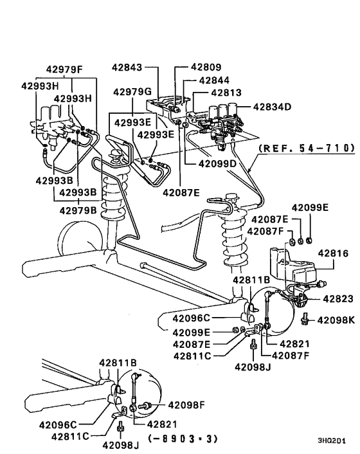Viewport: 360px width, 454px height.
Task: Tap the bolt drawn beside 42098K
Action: point(307,318)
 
